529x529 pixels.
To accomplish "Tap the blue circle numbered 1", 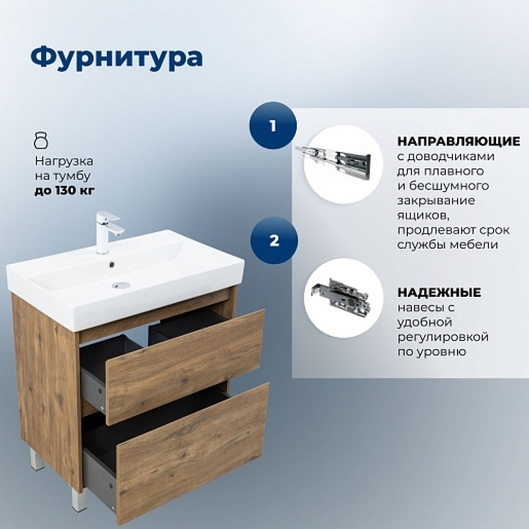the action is pos(273,125).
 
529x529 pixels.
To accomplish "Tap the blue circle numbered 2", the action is pos(274,241).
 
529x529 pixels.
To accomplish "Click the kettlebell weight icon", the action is pos(41,141).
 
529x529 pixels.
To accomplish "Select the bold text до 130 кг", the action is pos(65,191).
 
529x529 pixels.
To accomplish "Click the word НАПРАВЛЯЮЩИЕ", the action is pos(459,141).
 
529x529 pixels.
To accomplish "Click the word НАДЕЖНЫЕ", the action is pos(439,292).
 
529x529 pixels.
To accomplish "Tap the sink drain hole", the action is pos(122,286).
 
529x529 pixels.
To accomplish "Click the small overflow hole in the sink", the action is pos(111,265).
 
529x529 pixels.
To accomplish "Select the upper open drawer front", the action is pos(185,367).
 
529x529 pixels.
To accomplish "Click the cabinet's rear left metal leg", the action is pos(37,459).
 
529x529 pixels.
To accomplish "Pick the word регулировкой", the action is pos(443,337).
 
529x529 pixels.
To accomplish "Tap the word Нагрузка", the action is pos(64,161).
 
